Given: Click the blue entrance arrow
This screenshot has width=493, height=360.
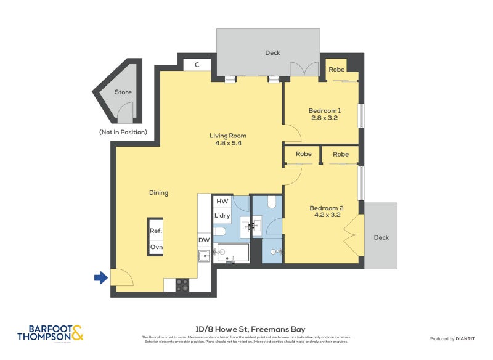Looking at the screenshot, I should pos(100,278).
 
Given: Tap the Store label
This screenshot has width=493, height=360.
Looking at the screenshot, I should pos(123,92).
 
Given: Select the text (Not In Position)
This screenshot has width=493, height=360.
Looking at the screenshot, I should pos(123,132).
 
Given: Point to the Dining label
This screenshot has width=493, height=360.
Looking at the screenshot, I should pos(158,192).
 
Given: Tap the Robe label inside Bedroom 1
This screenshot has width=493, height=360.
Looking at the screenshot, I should pos(336,70).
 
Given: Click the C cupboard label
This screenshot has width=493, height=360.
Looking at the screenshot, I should pos(197,64).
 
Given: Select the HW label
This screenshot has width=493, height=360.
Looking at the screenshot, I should pos(222,202).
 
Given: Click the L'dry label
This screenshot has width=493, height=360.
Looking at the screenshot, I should pos(222,216).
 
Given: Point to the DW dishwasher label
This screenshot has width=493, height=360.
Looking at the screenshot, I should pos(203,240).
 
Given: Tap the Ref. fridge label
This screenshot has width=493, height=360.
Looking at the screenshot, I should pos(155,231).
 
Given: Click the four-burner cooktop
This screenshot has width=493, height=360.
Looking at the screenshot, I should pos(183,285).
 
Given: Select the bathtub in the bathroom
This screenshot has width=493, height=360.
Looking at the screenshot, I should pos(231,253).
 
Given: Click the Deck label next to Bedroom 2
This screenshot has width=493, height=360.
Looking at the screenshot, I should pos(381,237).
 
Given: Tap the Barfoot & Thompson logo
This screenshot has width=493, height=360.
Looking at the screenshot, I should pos(51,333).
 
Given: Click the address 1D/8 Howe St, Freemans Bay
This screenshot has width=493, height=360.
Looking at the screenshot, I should pos(246,329).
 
